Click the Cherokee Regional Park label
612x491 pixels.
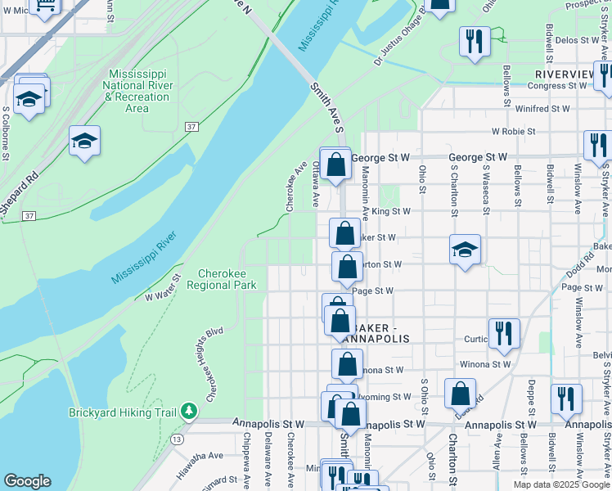(222, 279)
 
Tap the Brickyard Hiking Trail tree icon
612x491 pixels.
(189, 409)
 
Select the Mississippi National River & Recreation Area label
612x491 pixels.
(137, 91)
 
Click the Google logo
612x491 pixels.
(27, 481)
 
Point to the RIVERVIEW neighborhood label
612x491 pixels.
(570, 74)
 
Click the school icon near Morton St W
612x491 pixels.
(465, 250)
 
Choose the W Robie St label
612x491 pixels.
(513, 131)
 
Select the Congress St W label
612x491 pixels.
(536, 85)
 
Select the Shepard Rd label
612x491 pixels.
(20, 193)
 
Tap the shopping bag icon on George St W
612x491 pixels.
(335, 164)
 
